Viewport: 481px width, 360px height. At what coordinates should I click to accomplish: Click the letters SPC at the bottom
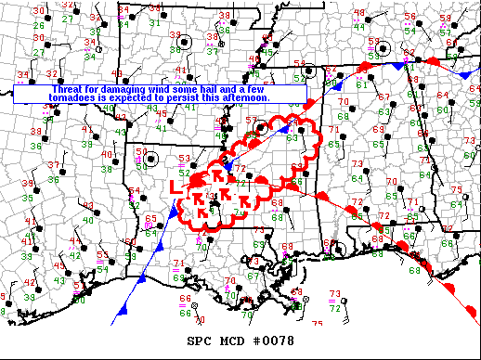click(x=199, y=341)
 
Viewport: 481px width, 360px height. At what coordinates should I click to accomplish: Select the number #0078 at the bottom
click(x=275, y=341)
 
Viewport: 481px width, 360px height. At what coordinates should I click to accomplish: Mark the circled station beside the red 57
click(x=265, y=128)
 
